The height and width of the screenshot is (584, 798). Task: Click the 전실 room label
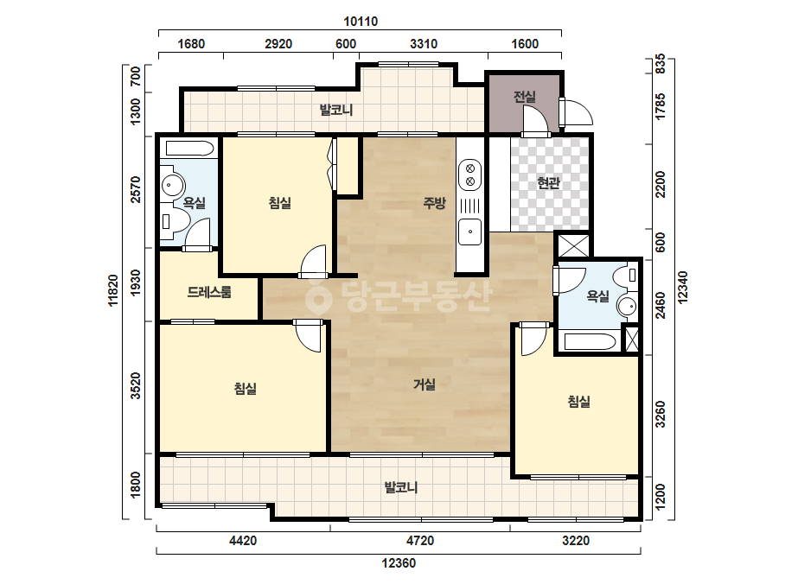click(x=524, y=96)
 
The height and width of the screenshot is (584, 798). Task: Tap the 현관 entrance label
click(x=549, y=182)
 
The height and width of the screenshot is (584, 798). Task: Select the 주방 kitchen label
click(x=434, y=203)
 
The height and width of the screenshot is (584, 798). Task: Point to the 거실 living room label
click(x=424, y=384)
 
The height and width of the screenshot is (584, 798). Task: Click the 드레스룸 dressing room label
click(x=209, y=292)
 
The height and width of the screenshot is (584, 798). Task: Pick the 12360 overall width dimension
click(x=399, y=563)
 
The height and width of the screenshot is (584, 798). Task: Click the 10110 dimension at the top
click(x=361, y=22)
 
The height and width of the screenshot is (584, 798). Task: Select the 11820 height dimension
click(x=113, y=290)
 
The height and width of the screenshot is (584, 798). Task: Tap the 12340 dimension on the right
click(x=682, y=288)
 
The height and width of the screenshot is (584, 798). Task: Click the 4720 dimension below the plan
click(x=420, y=540)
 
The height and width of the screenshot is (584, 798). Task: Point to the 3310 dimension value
click(x=424, y=44)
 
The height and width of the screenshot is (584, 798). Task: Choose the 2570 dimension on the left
click(x=136, y=189)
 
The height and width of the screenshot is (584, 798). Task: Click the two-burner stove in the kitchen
click(x=470, y=174)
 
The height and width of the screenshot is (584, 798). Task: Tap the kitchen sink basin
click(x=469, y=232)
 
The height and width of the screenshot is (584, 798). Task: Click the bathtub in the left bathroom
click(x=189, y=148)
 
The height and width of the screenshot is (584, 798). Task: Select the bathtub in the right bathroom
click(x=591, y=341)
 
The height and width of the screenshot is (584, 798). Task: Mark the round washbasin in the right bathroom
click(x=627, y=306)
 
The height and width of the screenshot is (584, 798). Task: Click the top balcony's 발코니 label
click(x=336, y=110)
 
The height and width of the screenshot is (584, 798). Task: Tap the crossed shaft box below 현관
click(x=573, y=245)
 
